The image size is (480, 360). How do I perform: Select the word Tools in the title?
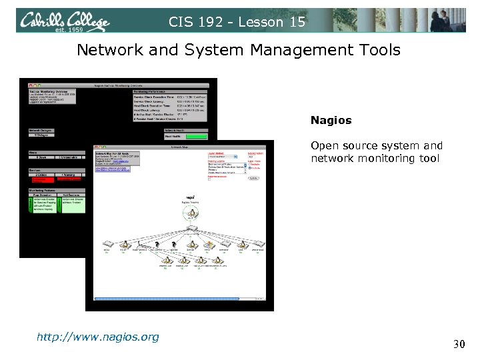[376, 50]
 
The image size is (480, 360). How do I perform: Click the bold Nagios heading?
[331, 121]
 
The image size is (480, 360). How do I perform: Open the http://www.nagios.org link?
[97, 337]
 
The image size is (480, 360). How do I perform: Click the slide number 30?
[458, 344]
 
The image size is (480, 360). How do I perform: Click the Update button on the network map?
[254, 178]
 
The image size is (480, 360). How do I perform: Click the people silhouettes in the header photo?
[447, 20]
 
